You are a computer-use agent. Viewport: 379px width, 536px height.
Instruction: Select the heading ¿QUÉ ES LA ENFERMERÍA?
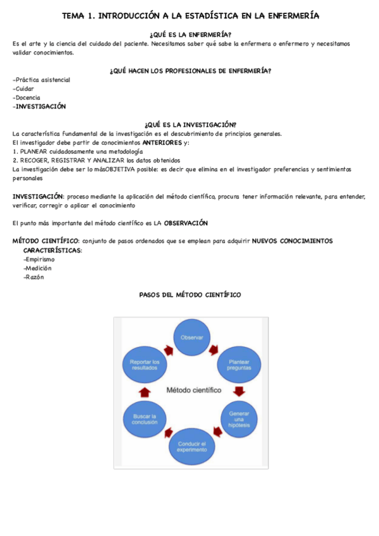(190, 34)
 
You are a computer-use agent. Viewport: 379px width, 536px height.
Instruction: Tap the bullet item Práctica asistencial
(42, 80)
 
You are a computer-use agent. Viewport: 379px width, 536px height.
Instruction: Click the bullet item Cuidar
(25, 88)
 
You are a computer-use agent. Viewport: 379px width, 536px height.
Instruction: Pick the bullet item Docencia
(28, 98)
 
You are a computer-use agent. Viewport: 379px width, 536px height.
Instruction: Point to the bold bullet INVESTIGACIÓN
(40, 107)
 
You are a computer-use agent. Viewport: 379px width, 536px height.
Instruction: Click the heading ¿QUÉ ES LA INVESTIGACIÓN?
(190, 125)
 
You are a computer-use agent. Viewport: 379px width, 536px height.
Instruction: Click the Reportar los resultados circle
(145, 365)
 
